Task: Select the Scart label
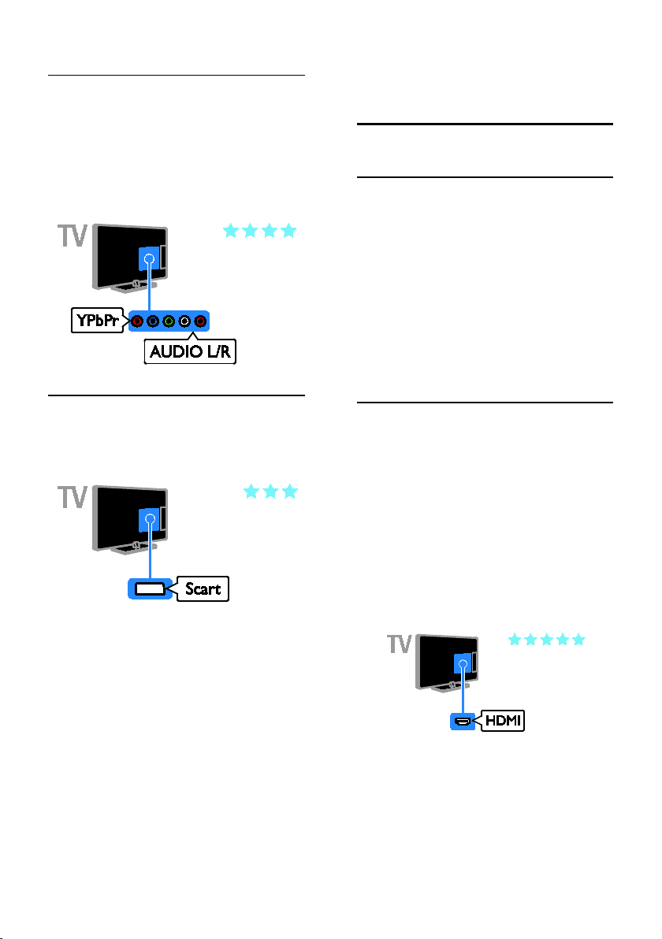click(x=202, y=588)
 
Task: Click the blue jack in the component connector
click(x=152, y=321)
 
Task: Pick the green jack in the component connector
click(x=169, y=321)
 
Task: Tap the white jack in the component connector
click(x=184, y=321)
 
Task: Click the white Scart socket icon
click(x=151, y=588)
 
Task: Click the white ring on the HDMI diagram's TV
click(x=463, y=665)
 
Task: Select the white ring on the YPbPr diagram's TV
click(x=150, y=256)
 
